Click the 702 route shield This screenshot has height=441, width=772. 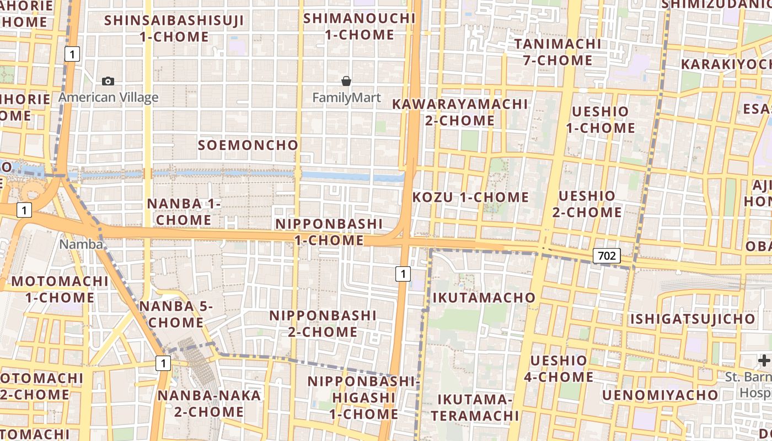point(607,256)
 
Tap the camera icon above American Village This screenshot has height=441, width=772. point(108,82)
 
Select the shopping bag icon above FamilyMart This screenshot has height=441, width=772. point(346,82)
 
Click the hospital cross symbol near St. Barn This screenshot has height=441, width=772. point(764,361)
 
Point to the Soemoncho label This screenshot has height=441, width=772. point(248,146)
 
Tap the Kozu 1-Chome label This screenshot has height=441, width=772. point(471,197)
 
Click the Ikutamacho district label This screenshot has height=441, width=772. point(484,298)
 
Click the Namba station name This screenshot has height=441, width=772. point(81,244)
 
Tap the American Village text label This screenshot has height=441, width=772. point(109,98)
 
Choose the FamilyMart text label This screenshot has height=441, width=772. point(346,98)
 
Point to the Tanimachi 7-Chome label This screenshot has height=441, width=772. point(557,52)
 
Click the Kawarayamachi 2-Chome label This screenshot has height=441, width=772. point(460,112)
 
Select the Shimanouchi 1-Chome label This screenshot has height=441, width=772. point(360,26)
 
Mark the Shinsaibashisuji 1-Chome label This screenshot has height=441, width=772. point(174,29)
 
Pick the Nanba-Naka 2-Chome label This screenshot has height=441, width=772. point(209,404)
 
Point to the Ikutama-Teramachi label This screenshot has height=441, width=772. point(475,407)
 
